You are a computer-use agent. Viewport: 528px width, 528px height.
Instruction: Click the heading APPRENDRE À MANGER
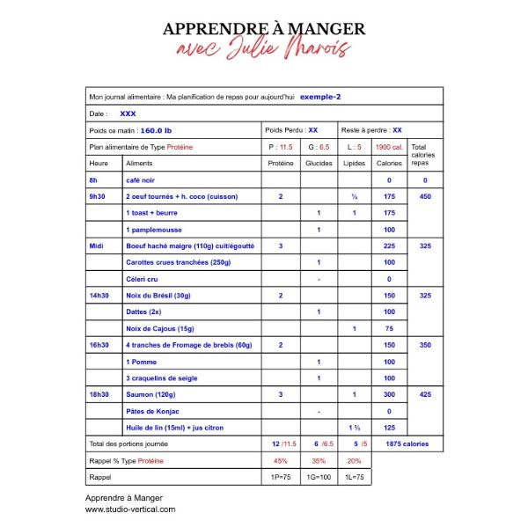[x=264, y=28]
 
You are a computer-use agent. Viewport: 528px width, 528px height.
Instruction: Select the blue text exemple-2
[x=320, y=97]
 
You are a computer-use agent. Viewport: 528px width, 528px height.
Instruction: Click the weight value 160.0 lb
[x=156, y=130]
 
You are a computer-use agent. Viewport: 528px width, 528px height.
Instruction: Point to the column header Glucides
[x=319, y=163]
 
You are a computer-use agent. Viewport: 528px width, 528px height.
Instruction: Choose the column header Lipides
[x=354, y=163]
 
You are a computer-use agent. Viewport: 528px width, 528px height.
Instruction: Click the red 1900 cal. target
[x=389, y=147]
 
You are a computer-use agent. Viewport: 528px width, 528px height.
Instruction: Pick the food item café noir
[x=143, y=180]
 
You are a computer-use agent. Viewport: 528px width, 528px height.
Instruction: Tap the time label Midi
[x=97, y=246]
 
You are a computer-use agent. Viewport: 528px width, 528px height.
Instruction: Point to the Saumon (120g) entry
[x=154, y=394]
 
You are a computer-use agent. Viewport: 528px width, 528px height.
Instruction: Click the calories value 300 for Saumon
[x=389, y=394]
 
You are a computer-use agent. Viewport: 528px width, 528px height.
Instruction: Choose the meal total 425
[x=424, y=394]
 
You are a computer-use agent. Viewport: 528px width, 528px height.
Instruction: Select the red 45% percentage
[x=281, y=460]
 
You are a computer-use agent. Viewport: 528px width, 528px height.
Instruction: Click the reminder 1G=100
[x=318, y=476]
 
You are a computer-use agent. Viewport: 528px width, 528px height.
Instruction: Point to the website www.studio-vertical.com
[x=130, y=509]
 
